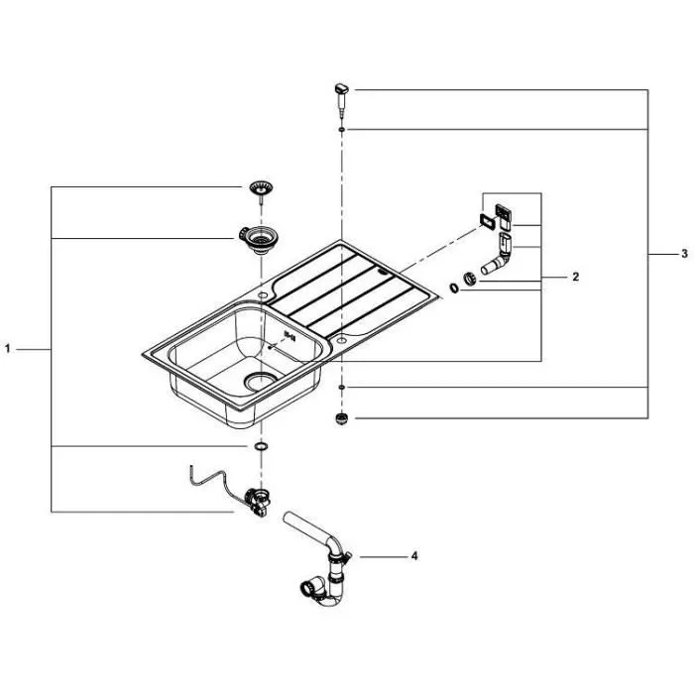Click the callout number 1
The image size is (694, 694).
click(9, 349)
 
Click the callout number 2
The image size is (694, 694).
click(575, 278)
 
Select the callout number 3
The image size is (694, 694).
click(683, 255)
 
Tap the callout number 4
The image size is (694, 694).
click(413, 556)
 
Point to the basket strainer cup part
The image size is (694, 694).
click(261, 239)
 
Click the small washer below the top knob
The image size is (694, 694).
click(341, 129)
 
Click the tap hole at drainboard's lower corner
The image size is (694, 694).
click(341, 339)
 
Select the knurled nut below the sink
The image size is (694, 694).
click(341, 418)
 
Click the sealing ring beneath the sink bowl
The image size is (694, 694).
click(260, 448)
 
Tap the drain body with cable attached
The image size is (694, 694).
click(259, 500)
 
